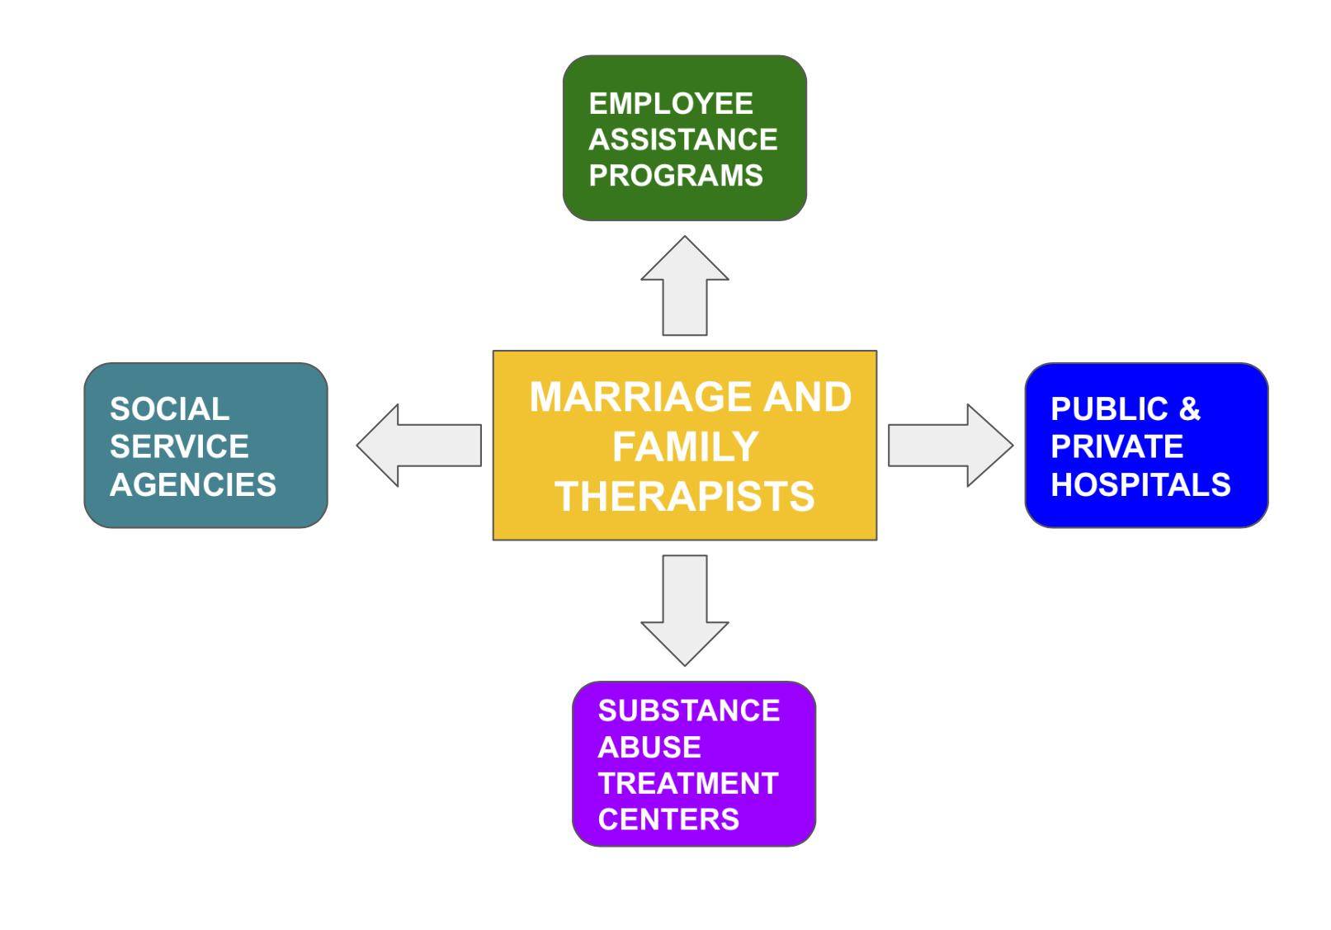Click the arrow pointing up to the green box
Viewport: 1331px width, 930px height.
coord(685,288)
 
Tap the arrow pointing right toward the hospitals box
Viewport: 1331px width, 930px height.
coord(950,445)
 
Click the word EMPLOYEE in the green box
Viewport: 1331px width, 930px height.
coord(671,104)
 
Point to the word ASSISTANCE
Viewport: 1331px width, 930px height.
coord(683,139)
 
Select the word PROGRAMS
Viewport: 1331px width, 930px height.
coord(676,175)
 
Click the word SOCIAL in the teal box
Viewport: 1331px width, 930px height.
coord(169,409)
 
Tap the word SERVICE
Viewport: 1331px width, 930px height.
coord(179,446)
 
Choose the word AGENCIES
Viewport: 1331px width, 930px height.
coord(193,484)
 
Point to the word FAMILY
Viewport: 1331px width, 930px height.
coord(685,447)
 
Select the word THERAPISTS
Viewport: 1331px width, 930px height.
coord(685,497)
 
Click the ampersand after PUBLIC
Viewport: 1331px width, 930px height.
coord(1189,409)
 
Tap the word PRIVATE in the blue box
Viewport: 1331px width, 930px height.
coord(1117,446)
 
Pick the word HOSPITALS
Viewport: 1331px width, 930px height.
coord(1140,484)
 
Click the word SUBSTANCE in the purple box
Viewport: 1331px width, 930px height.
coord(689,710)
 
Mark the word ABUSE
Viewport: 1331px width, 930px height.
coord(649,747)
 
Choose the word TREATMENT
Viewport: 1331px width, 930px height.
coord(688,783)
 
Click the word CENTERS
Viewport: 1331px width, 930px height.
coord(668,819)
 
